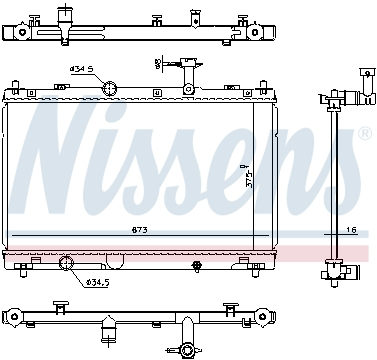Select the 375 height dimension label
[x=249, y=177]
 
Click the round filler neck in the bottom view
[x=187, y=349]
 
